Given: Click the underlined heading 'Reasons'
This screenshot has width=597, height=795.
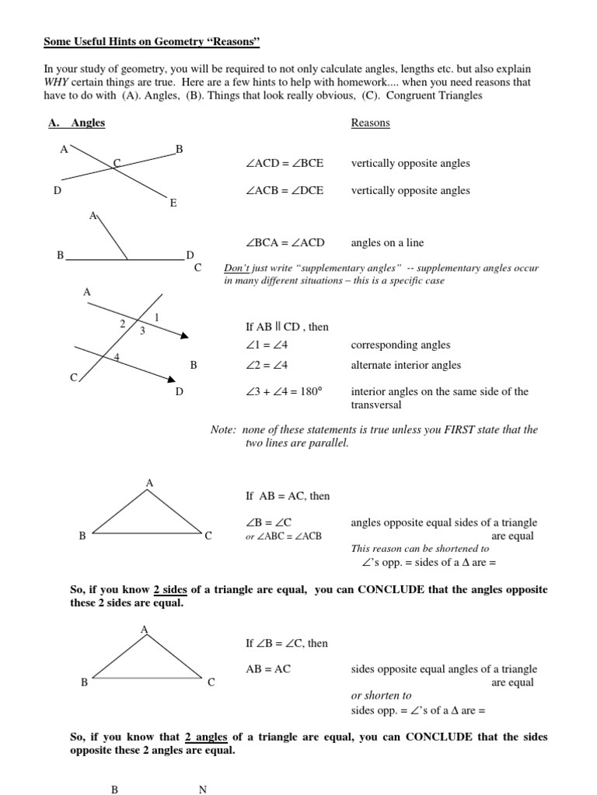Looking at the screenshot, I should [x=370, y=123].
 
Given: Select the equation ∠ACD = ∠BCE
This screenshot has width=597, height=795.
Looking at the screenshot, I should [x=284, y=164].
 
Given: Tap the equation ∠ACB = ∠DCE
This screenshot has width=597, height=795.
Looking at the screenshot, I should [x=284, y=190].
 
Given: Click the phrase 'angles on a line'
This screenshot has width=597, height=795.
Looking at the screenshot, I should [x=388, y=243].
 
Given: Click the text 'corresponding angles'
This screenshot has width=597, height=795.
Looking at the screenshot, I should [x=400, y=345].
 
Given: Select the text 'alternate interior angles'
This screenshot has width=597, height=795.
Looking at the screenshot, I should [x=406, y=365].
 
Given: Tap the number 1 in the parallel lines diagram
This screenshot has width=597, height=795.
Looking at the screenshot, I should [x=157, y=317].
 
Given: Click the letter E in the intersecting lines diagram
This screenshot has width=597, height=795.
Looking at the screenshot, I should [x=173, y=203].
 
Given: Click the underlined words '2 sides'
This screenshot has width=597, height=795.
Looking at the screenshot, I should [x=170, y=590].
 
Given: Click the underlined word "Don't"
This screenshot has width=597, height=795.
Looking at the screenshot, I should [x=236, y=269].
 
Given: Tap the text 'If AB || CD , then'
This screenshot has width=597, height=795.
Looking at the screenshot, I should [x=287, y=328].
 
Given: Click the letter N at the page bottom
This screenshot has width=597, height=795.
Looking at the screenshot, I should [x=203, y=790].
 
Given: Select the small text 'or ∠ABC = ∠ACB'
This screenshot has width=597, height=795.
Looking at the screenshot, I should [x=283, y=536].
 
